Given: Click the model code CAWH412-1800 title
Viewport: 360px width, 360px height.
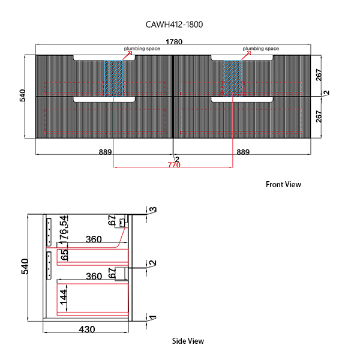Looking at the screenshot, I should pyautogui.click(x=179, y=25).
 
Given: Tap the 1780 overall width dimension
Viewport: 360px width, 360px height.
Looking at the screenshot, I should pyautogui.click(x=175, y=42).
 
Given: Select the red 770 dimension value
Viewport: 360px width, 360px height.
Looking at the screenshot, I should pyautogui.click(x=174, y=164).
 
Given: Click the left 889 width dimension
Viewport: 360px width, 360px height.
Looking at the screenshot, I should pyautogui.click(x=105, y=152).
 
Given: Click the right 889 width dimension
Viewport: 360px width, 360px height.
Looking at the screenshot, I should pyautogui.click(x=243, y=152).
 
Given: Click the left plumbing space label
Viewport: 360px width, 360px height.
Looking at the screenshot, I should pyautogui.click(x=142, y=48).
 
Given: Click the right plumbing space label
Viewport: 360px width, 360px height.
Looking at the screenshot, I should pyautogui.click(x=260, y=48).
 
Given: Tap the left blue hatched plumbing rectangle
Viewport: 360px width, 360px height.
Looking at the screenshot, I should pyautogui.click(x=113, y=77).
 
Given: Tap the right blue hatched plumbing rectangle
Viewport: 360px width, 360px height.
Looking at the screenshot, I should pyautogui.click(x=232, y=77).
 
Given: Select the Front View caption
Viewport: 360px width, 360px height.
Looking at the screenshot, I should pyautogui.click(x=283, y=185).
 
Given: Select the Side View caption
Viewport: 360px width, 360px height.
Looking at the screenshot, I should pyautogui.click(x=188, y=341).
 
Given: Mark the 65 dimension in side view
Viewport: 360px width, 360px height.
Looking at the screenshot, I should pyautogui.click(x=64, y=254).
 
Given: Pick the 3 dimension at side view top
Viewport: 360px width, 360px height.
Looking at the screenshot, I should pyautogui.click(x=153, y=210).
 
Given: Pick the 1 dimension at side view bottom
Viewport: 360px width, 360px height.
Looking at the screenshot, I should pyautogui.click(x=153, y=319).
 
